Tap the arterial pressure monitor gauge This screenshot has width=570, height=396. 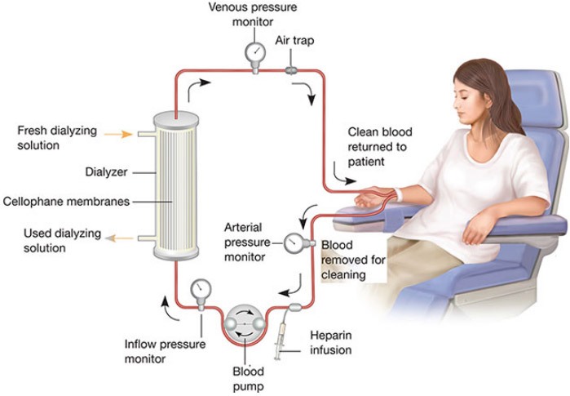pos(294,242)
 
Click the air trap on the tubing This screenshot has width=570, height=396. pos(290,72)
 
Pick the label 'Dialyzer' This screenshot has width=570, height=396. pos(106,172)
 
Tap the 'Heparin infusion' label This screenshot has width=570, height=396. pos(330,342)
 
